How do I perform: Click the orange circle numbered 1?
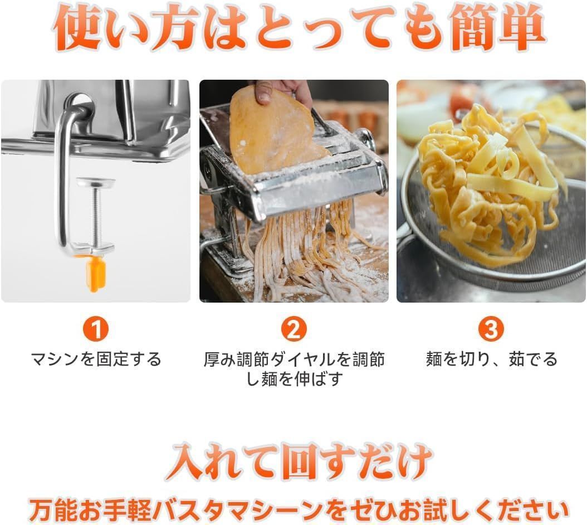coord(96,330)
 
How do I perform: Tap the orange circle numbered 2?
coord(293,330)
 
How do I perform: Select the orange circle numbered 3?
coord(491,330)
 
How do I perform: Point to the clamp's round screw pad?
coord(96,182)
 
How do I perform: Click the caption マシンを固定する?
coord(96,359)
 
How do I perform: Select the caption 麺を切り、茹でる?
coord(491,359)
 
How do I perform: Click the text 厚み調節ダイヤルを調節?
coord(294,359)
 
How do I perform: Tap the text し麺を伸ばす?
coord(294,379)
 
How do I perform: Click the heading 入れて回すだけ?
coord(293,460)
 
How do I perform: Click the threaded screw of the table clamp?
coord(96,215)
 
